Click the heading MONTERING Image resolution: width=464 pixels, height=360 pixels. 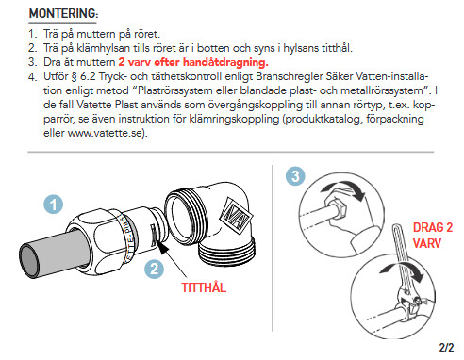[x=63, y=13]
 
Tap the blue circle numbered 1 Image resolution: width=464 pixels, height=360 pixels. [x=53, y=205]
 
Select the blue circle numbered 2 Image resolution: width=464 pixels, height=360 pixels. [x=154, y=269]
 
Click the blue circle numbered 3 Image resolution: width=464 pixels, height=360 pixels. [x=295, y=176]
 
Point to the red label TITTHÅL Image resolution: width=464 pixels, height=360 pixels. [x=204, y=287]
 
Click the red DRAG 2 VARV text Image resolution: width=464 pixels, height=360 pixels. [x=433, y=235]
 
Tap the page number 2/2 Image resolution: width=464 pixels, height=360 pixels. [x=446, y=347]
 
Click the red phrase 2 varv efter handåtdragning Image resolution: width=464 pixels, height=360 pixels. [x=193, y=62]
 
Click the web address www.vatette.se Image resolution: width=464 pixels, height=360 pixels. [x=106, y=133]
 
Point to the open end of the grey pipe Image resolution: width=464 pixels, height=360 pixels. [x=30, y=261]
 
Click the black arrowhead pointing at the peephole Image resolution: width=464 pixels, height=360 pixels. [x=163, y=247]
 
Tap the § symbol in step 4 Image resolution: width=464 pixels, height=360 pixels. [x=74, y=76]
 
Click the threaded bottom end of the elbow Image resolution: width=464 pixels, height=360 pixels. [x=226, y=252]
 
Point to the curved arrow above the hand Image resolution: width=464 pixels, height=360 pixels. [x=344, y=189]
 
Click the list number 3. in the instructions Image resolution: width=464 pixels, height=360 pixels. [x=32, y=62]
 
